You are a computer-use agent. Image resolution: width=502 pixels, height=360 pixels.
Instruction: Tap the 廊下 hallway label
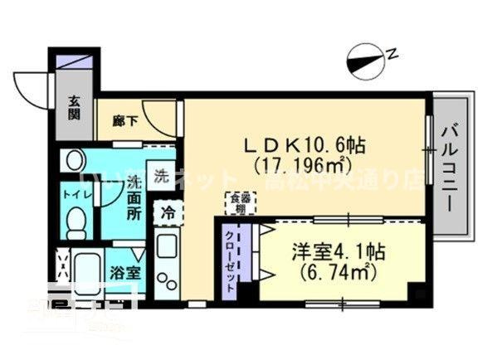[x=124, y=119]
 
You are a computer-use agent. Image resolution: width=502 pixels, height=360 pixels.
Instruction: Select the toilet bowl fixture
[x=76, y=221]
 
